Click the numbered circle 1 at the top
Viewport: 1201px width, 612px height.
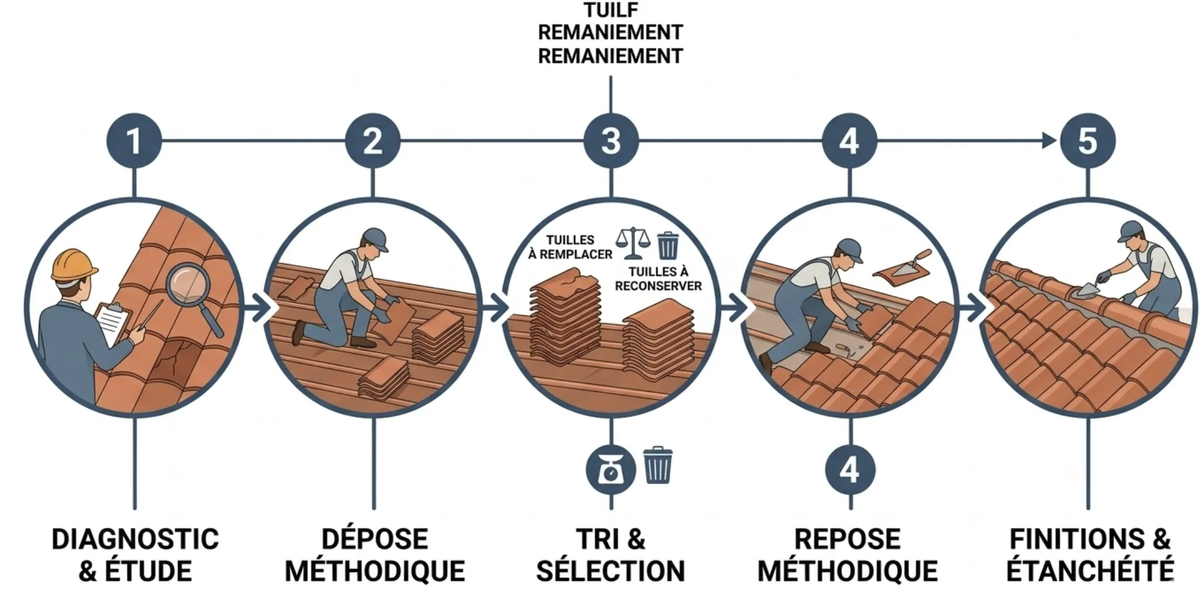pos(134,141)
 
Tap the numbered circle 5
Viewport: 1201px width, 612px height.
pos(1087,141)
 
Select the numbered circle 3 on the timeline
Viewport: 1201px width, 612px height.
pos(610,141)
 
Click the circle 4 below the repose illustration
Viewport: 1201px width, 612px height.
pos(849,470)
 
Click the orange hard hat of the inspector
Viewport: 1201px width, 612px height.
pos(73,265)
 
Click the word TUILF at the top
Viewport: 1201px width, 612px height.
pos(610,10)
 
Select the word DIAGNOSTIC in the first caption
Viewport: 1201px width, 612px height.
pos(135,539)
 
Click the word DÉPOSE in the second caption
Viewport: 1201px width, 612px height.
pos(375,539)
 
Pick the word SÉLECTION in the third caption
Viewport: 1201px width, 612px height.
pos(610,571)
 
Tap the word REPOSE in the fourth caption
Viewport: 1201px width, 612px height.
pos(847,539)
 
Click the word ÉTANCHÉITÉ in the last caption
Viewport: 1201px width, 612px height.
pos(1089,571)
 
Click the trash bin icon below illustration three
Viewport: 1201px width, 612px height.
pos(657,465)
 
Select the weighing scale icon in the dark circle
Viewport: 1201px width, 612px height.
pos(610,470)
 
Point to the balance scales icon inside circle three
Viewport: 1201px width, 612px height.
pos(632,244)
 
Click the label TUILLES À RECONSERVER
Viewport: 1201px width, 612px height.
pos(658,279)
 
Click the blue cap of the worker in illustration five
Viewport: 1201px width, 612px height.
pos(1129,231)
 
